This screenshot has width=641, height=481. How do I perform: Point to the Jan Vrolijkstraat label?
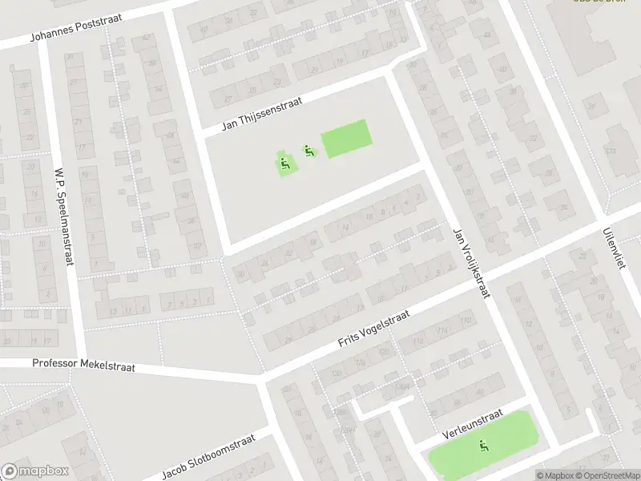[x=472, y=261]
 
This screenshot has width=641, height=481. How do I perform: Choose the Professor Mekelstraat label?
[x=84, y=364]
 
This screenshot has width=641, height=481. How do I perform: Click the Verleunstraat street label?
[x=472, y=426]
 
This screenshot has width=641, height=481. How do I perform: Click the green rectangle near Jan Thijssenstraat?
[x=346, y=139]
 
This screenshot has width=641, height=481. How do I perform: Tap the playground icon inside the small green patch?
[x=284, y=164]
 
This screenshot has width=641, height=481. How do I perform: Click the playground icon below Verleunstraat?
[x=482, y=446]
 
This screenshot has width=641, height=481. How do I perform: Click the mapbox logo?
[x=35, y=471]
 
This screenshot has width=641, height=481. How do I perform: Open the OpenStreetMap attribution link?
[x=607, y=475]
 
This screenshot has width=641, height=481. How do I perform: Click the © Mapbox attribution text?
[x=554, y=475]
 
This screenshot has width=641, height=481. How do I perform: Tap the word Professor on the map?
[x=58, y=363]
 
